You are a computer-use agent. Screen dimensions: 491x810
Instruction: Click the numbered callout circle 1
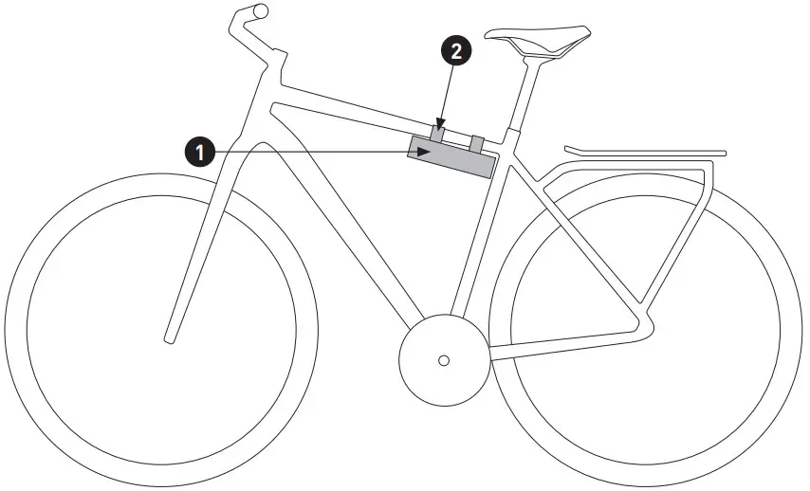click(x=199, y=151)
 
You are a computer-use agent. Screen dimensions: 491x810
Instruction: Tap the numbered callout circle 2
click(x=457, y=51)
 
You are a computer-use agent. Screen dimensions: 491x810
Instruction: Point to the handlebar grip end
click(x=260, y=11)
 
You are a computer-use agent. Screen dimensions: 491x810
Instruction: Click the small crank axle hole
click(x=443, y=360)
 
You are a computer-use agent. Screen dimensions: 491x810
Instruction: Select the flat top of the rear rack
click(x=645, y=151)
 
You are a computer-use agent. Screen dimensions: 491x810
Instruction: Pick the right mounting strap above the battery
click(x=478, y=143)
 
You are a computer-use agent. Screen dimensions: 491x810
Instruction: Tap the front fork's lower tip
click(x=170, y=336)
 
